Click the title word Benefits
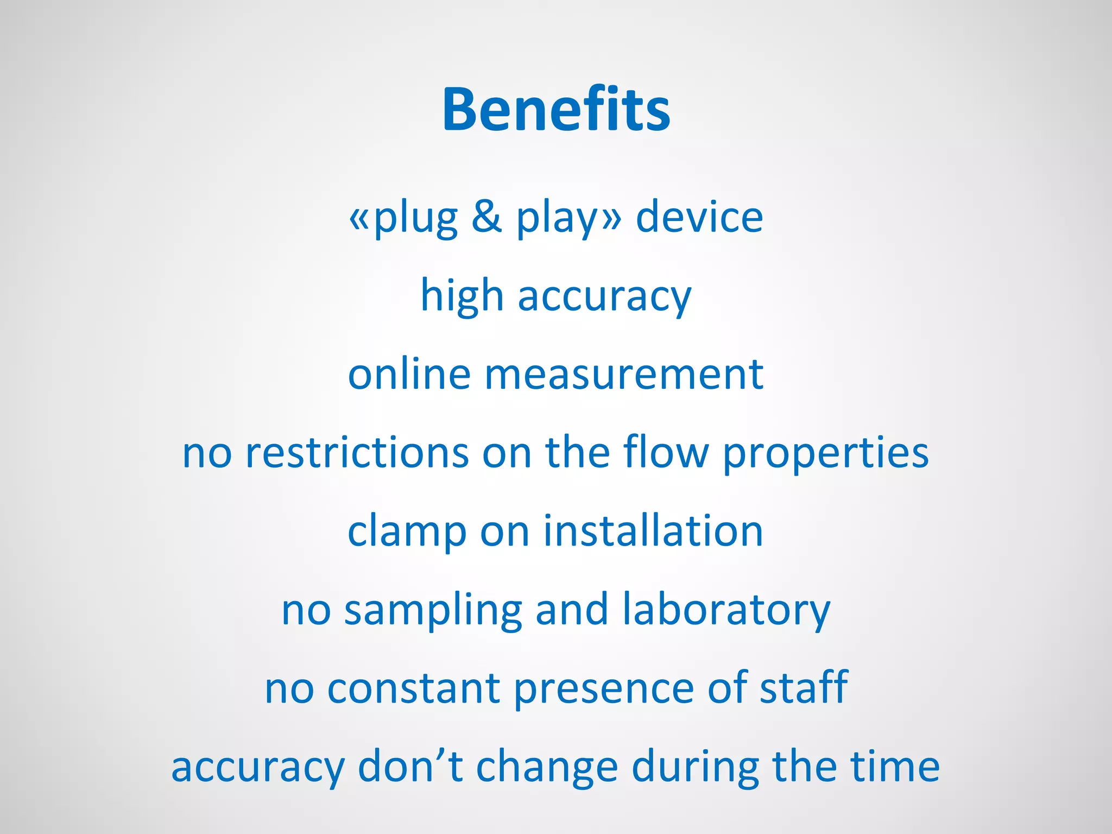[556, 110]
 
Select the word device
[699, 217]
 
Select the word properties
[826, 454]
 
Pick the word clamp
[407, 532]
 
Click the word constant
[413, 688]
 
